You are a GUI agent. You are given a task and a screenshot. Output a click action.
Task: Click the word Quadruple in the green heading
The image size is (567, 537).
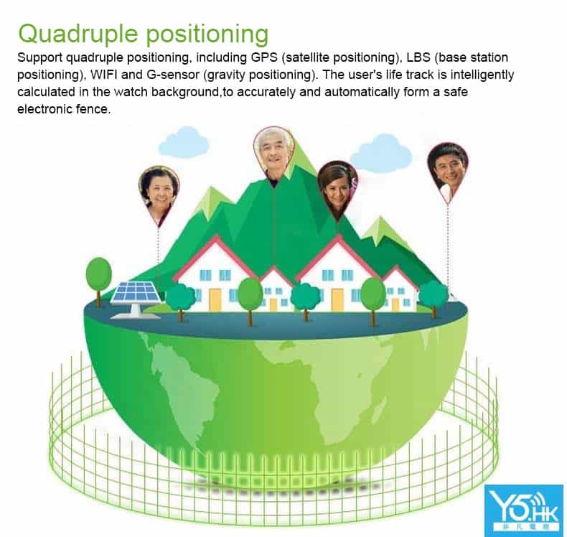(x=78, y=34)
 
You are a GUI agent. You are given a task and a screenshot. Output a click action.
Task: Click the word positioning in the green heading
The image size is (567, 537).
(x=207, y=34)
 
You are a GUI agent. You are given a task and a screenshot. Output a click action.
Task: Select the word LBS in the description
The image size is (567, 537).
(x=418, y=57)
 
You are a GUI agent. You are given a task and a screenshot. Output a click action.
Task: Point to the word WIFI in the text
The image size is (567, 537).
(x=103, y=75)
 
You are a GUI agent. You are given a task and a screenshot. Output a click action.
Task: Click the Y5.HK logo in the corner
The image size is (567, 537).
(x=524, y=510)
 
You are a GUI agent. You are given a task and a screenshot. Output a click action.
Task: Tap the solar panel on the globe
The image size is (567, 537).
(x=136, y=299)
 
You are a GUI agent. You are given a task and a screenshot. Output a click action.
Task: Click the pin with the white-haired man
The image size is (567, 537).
(x=273, y=156)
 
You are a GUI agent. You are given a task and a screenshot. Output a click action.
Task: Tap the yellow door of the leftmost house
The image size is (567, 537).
(x=215, y=300)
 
